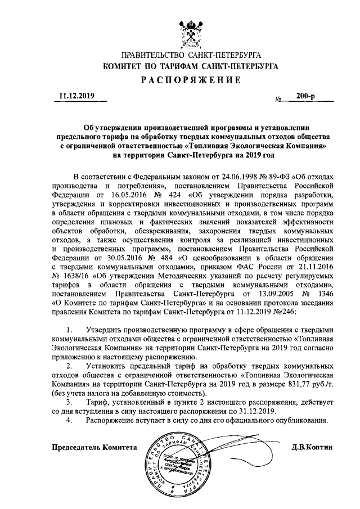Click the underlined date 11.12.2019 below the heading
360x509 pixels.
pyautogui.click(x=79, y=96)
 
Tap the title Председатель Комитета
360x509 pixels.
pyautogui.click(x=94, y=448)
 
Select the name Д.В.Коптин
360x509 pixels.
pyautogui.click(x=312, y=448)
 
